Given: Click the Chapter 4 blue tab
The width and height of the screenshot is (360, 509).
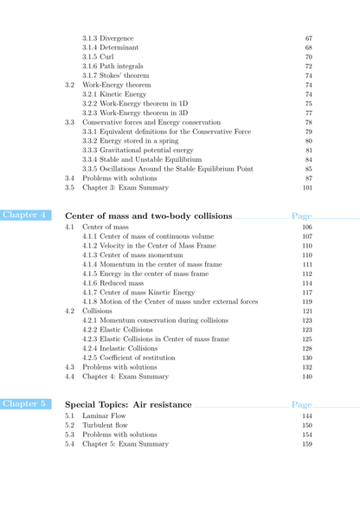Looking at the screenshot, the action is click(24, 215).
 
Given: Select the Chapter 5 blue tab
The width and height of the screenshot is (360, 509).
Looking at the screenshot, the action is click(24, 404).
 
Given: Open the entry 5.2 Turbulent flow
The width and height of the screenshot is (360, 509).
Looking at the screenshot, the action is click(107, 425).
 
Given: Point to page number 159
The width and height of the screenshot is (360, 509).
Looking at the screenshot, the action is click(307, 444).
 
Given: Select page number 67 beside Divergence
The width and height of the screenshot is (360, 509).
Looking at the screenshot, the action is click(309, 38).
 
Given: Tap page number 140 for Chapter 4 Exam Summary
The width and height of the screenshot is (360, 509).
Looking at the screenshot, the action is click(307, 377).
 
